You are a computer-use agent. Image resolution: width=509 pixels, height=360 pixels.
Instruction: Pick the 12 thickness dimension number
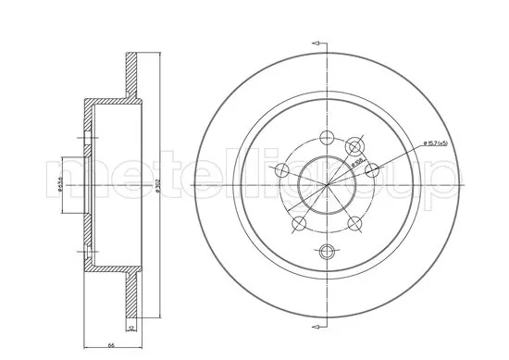[x=130, y=329]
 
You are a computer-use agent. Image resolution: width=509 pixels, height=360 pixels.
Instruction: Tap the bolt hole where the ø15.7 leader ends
[x=352, y=148]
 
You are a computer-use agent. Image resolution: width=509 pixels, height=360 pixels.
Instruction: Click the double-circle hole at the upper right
[x=352, y=148]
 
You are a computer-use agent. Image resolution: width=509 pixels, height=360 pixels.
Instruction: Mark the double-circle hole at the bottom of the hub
[x=326, y=251]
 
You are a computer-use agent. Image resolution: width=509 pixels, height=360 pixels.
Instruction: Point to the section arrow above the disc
[x=320, y=43]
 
